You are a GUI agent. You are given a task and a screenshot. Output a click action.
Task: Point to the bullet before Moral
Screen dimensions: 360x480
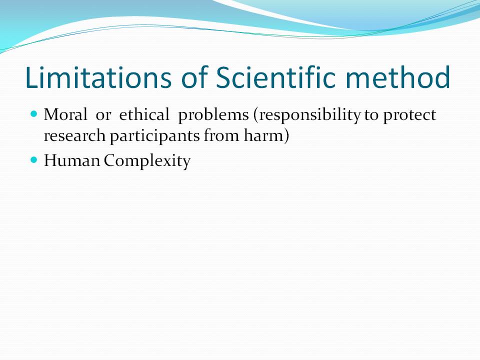point(34,114)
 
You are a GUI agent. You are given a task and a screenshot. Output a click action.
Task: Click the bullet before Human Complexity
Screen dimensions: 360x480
point(34,160)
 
